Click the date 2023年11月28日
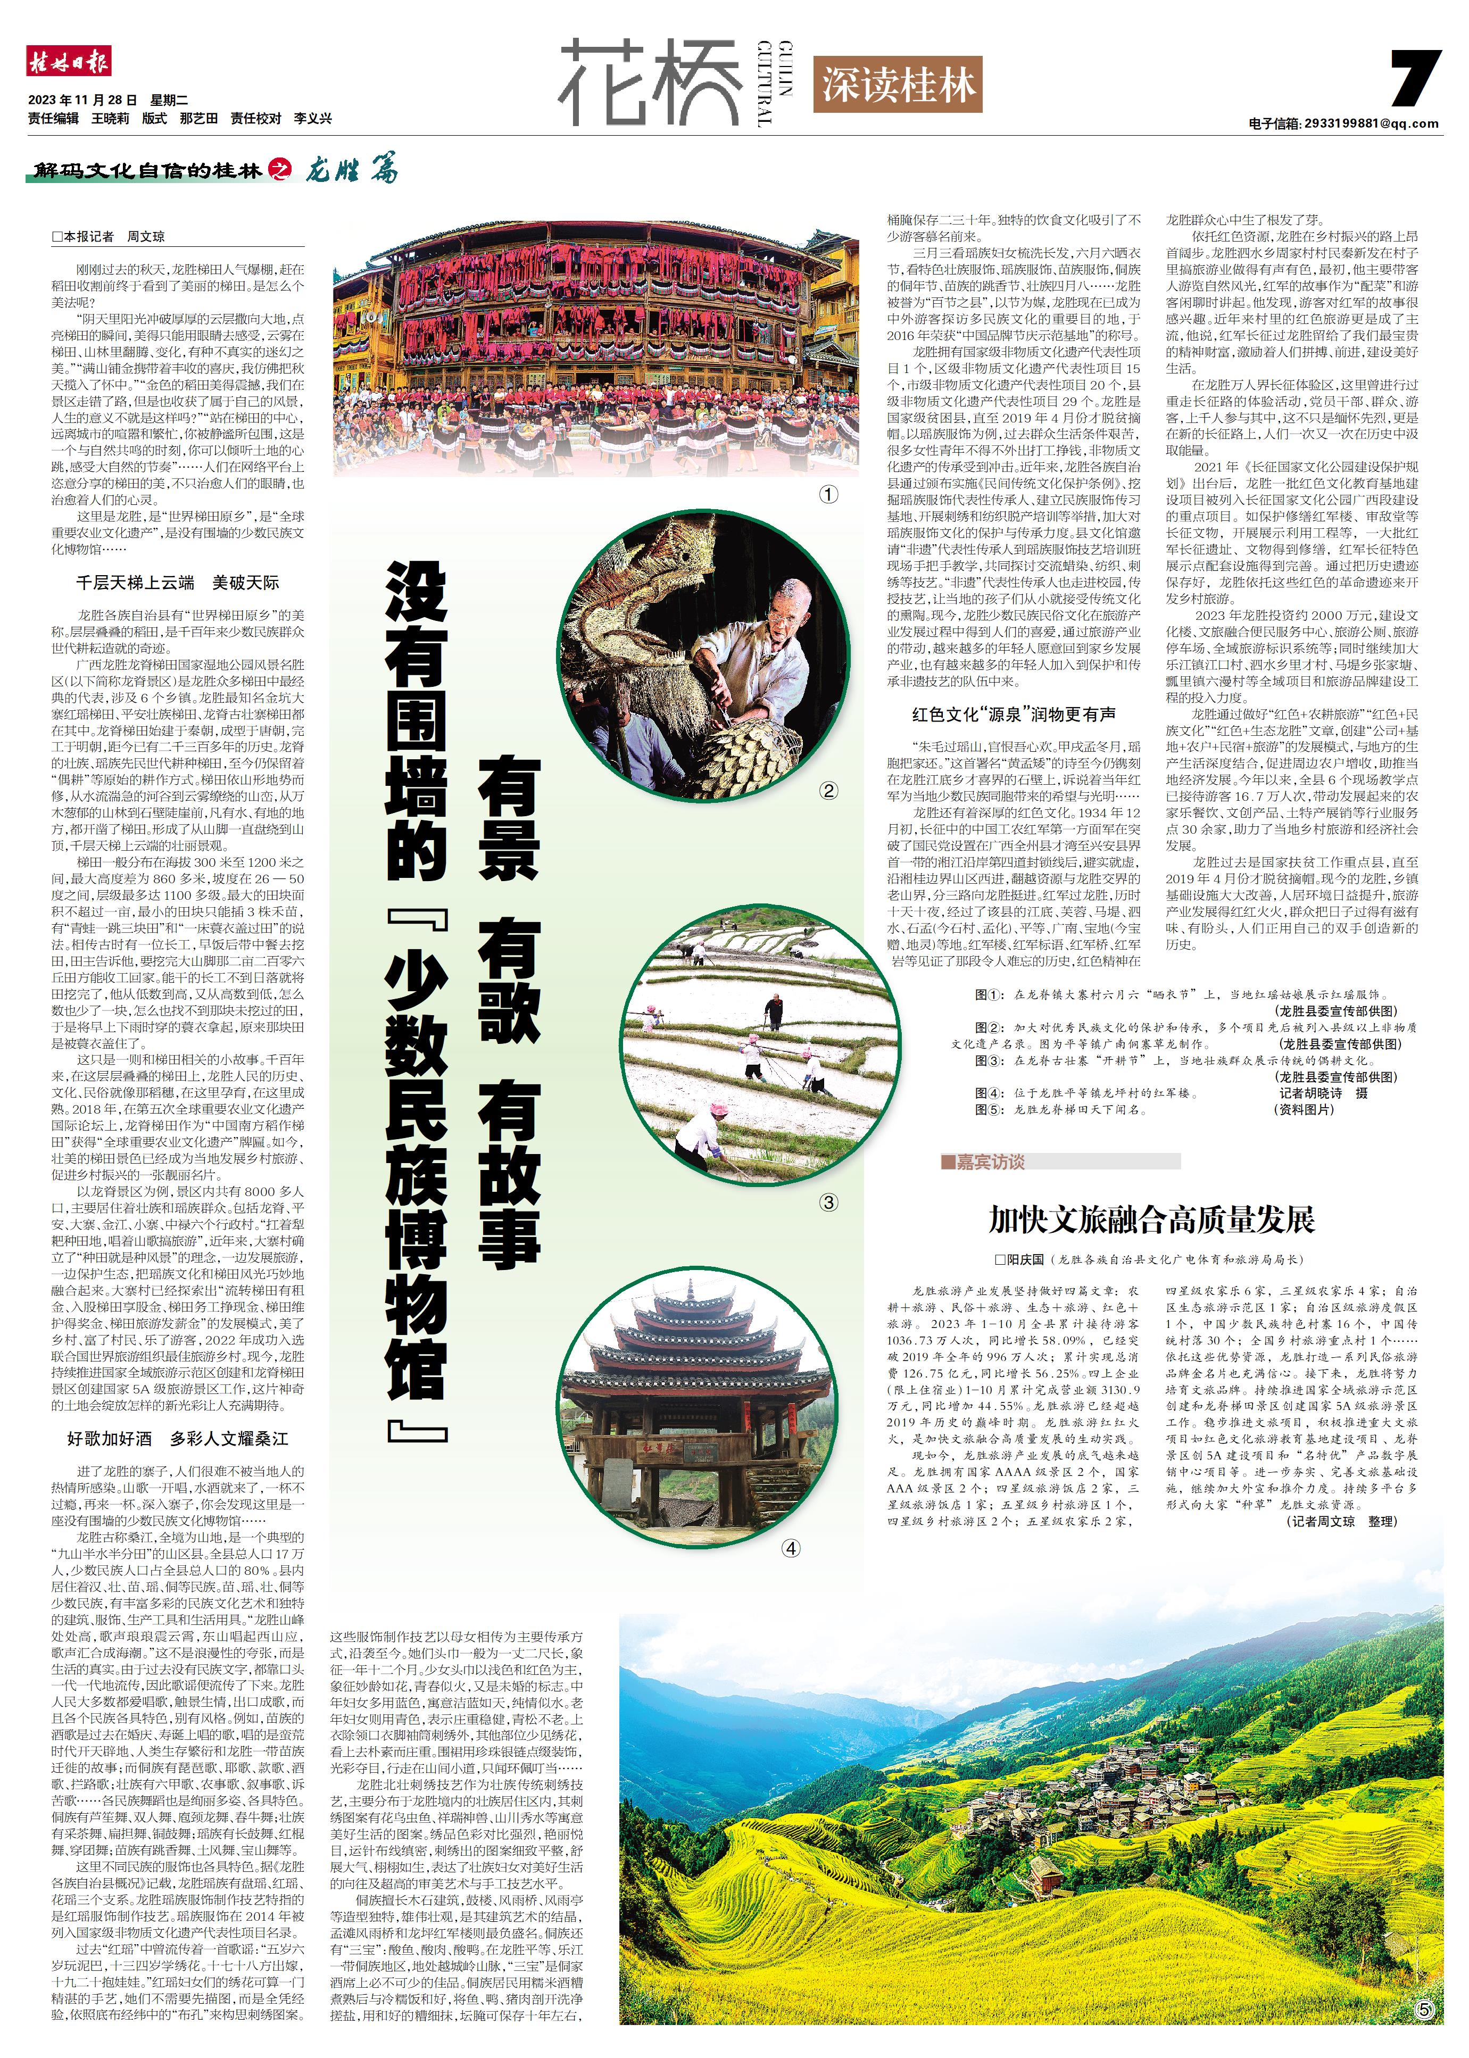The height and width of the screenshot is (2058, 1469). [x=82, y=101]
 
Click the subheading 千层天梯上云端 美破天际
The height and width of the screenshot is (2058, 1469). [x=177, y=583]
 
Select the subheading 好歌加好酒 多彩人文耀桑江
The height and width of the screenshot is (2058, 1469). [x=177, y=1438]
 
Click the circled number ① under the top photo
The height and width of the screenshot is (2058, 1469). [x=828, y=495]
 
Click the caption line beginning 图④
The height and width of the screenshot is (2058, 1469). [x=1085, y=1093]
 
